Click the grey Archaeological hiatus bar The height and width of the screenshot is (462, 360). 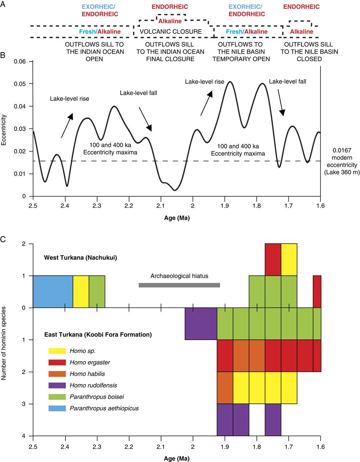coord(179,285)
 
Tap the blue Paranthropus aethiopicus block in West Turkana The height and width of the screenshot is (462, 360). coord(53,292)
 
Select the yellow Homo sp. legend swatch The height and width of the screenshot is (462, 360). coord(57,351)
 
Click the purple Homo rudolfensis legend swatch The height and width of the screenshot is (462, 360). coord(57,385)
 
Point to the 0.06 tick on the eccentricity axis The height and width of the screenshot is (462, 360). coord(21,61)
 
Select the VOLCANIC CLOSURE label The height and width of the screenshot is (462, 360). coord(171,32)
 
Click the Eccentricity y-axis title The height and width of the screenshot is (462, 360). coord(4,130)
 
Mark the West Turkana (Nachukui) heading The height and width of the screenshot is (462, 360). coord(80,258)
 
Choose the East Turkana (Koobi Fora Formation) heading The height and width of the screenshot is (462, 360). coord(98,334)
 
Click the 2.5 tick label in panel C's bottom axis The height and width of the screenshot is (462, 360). coord(33,446)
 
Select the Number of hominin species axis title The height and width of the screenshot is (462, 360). coord(4,343)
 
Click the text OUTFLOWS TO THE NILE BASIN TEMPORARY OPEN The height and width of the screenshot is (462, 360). coord(241,52)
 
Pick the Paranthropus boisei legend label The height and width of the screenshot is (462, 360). coord(97,397)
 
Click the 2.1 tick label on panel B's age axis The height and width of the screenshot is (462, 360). coord(161,206)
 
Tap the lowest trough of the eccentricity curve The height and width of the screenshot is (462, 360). coord(175,190)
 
